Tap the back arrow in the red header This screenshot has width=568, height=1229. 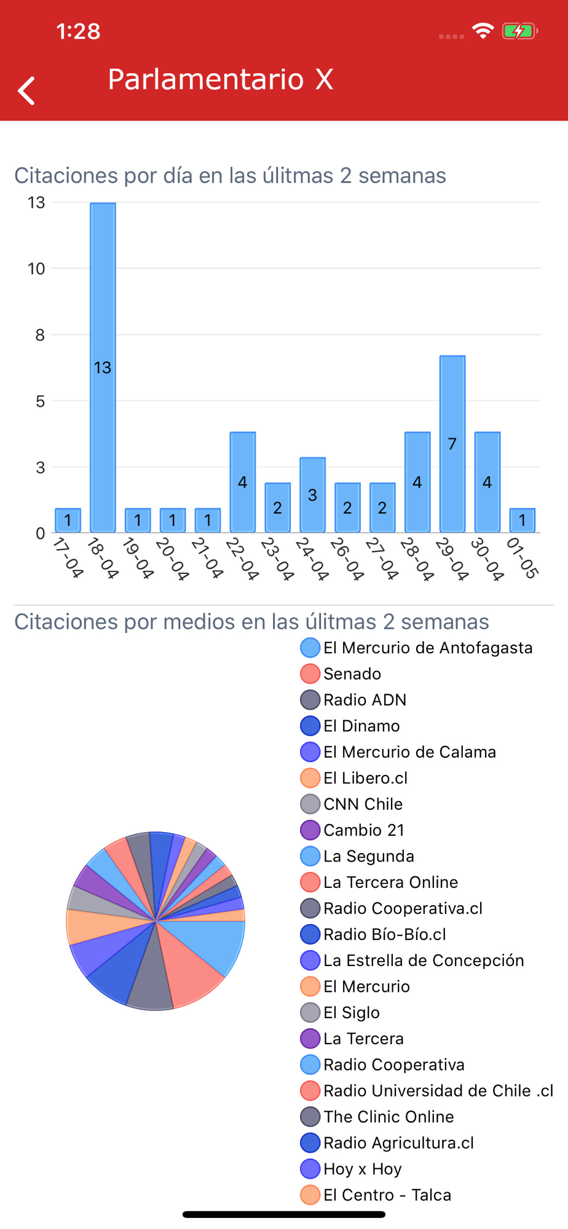point(26,91)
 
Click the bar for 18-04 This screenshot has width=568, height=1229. point(103,367)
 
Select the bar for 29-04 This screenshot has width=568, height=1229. point(452,443)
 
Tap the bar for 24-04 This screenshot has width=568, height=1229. point(312,494)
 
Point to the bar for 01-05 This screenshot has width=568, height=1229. point(522,520)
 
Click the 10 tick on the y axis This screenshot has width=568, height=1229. point(36,269)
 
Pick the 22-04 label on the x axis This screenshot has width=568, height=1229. point(242,559)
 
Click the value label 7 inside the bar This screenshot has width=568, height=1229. point(452,444)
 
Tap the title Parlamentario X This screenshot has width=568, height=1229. point(220,79)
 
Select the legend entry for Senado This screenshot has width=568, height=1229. point(352,674)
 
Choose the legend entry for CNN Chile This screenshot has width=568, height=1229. point(363,804)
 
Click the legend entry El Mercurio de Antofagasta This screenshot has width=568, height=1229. point(427,648)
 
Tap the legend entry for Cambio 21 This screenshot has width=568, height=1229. point(364,830)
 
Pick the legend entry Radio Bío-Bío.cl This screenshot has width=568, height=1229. point(384,935)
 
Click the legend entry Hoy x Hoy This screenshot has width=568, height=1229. point(362,1169)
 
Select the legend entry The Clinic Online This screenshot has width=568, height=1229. point(389,1117)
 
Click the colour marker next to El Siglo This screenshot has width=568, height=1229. point(310,1012)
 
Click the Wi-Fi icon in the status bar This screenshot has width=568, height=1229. point(483,31)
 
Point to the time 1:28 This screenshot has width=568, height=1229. point(78,31)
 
